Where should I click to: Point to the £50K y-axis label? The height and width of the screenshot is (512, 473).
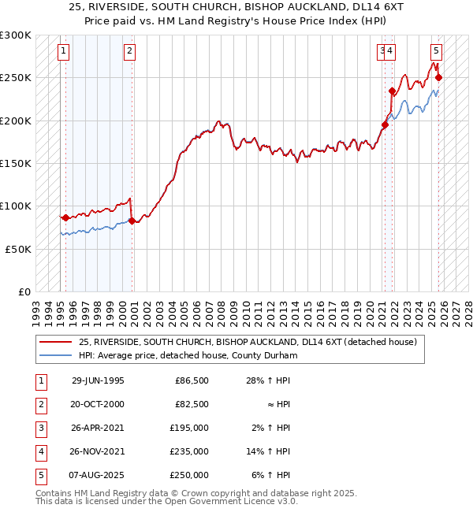17,249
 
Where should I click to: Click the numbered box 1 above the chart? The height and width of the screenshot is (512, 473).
63,52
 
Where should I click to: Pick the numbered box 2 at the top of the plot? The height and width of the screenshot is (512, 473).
129,52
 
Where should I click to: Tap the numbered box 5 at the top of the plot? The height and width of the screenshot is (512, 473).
436,52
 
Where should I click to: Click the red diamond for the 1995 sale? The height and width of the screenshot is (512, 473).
65,217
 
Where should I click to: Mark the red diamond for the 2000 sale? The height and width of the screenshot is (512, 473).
132,221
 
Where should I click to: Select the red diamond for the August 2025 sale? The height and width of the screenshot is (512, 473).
439,77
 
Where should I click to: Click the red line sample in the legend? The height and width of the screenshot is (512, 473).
56,343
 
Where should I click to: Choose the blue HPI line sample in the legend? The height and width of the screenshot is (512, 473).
56,356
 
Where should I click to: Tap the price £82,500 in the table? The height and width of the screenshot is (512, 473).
192,404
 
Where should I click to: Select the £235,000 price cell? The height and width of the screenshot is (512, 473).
189,451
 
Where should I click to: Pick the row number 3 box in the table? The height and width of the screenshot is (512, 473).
39,428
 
